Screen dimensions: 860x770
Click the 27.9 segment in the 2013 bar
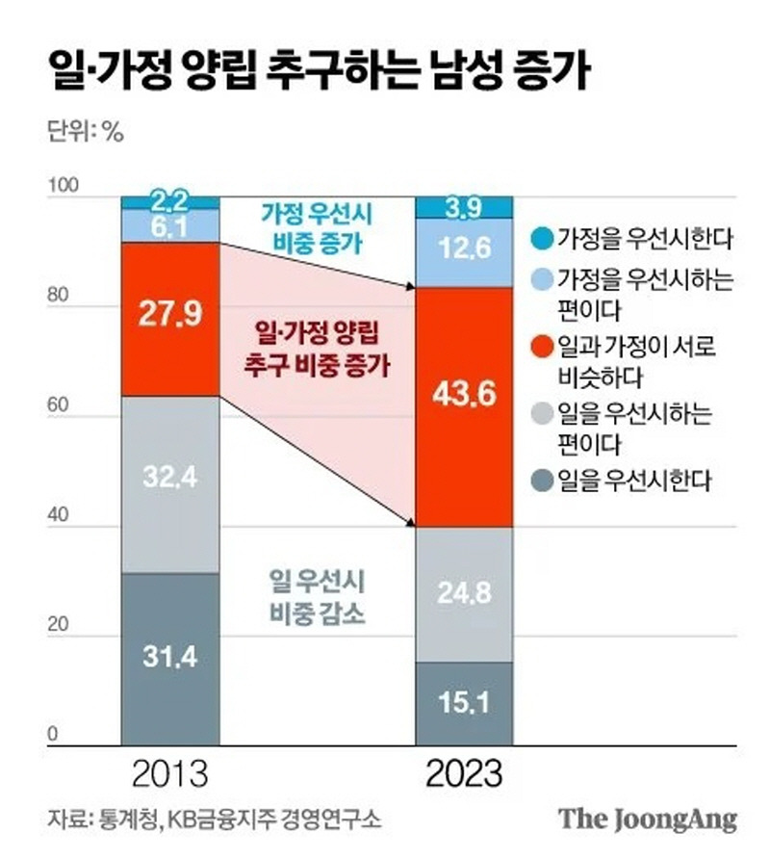[169, 318]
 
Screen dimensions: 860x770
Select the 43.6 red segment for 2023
[463, 406]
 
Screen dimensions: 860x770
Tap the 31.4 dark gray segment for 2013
[169, 658]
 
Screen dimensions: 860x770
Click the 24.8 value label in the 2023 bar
[463, 593]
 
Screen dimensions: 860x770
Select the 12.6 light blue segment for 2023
[463, 250]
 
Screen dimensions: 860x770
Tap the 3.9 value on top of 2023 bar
[463, 207]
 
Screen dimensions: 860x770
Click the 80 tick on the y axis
[60, 298]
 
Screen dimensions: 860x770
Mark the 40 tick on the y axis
[60, 517]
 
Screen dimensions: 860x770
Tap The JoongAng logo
[649, 820]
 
